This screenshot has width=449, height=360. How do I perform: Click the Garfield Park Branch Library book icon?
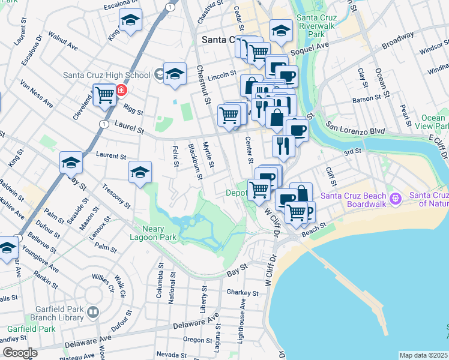(x=93, y=312)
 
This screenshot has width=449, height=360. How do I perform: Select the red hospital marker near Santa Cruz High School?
(x=122, y=91)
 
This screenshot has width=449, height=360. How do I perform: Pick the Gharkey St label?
(x=242, y=292)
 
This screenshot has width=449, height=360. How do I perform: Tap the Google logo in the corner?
(x=20, y=353)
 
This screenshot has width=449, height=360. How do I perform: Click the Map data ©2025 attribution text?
(x=423, y=355)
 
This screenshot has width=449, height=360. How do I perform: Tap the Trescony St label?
(x=116, y=196)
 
